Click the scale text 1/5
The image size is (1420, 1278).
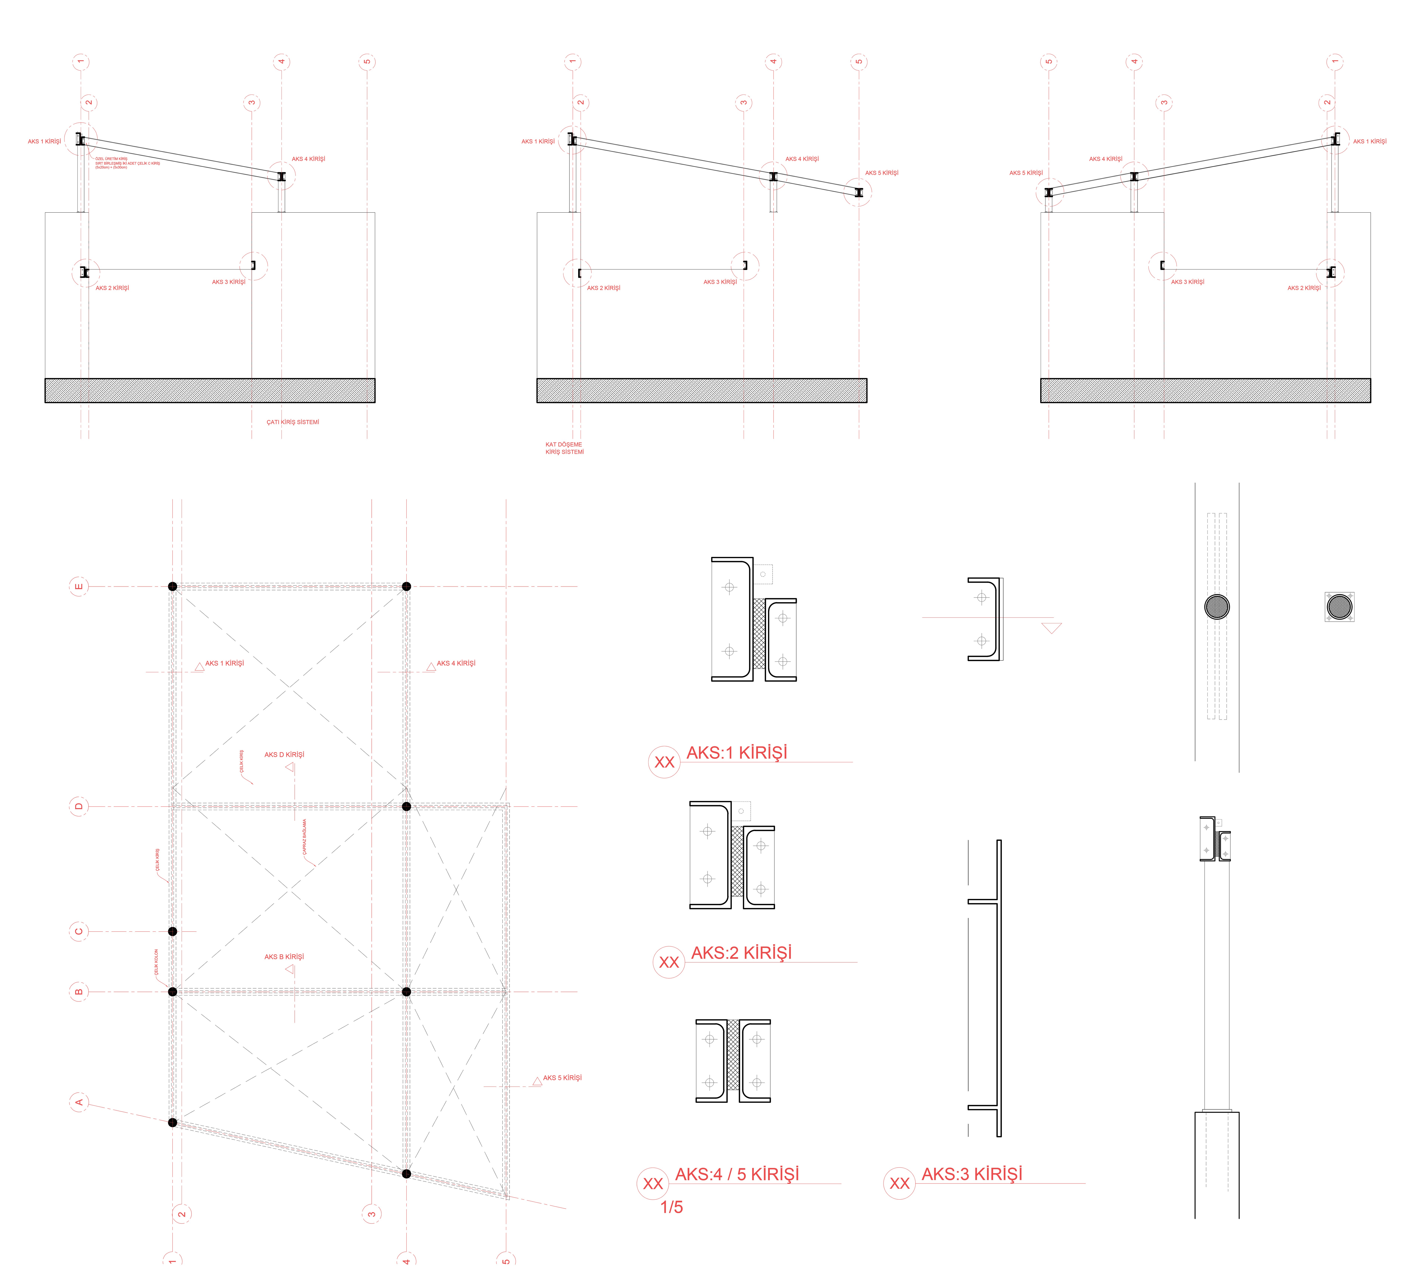tap(671, 1207)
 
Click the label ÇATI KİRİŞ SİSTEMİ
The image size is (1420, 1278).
tap(293, 422)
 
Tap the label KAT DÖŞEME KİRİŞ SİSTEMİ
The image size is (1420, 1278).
tap(564, 448)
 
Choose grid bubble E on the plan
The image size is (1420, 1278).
tap(79, 586)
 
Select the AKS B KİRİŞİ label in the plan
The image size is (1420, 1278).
tap(284, 956)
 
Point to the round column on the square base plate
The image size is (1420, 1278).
tap(1339, 607)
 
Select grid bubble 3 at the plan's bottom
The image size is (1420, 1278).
tap(371, 1213)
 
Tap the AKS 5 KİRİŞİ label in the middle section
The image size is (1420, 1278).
tap(882, 173)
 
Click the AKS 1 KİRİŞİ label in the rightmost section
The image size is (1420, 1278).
tap(1369, 141)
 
